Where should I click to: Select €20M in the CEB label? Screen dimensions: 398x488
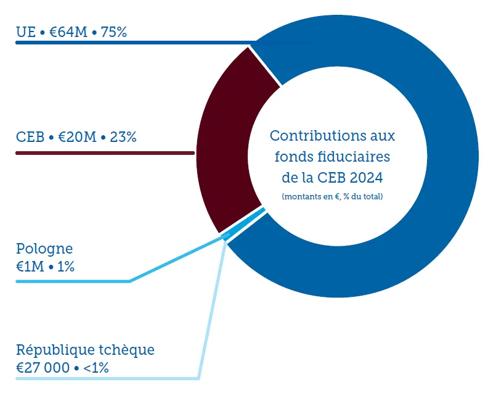pyautogui.click(x=77, y=136)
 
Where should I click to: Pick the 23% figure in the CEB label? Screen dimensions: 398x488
pyautogui.click(x=123, y=136)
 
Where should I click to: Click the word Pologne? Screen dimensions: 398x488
pyautogui.click(x=44, y=249)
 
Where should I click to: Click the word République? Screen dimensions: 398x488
pyautogui.click(x=54, y=350)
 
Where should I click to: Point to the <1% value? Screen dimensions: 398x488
pyautogui.click(x=96, y=368)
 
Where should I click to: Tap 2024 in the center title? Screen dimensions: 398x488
pyautogui.click(x=367, y=178)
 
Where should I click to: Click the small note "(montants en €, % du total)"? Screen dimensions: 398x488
pyautogui.click(x=332, y=196)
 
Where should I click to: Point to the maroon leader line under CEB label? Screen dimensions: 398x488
pyautogui.click(x=105, y=152)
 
